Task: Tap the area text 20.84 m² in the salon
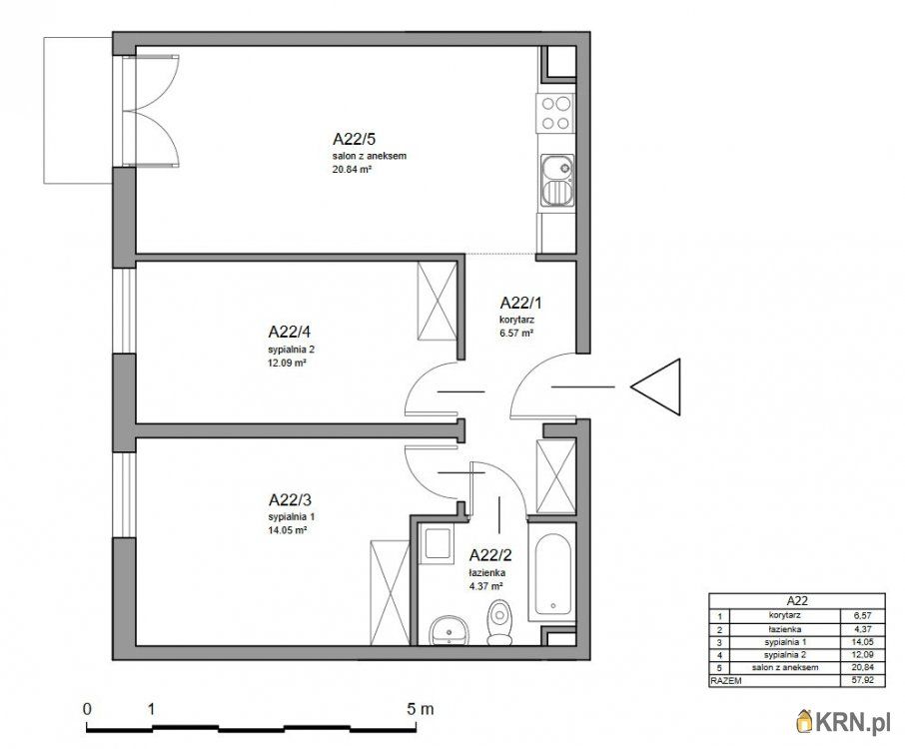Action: click(352, 170)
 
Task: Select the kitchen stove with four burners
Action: click(555, 113)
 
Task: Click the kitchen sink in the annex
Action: click(557, 180)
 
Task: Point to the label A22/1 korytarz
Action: click(520, 311)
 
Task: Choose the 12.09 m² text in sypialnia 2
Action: click(287, 363)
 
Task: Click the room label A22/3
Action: click(290, 499)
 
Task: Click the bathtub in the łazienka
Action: click(553, 574)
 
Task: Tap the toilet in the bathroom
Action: click(498, 622)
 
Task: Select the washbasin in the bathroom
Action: click(450, 630)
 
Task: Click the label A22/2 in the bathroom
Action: click(490, 555)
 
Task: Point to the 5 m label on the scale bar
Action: click(421, 709)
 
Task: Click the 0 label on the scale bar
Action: click(87, 709)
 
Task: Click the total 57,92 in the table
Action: click(863, 680)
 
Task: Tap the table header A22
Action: click(796, 599)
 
